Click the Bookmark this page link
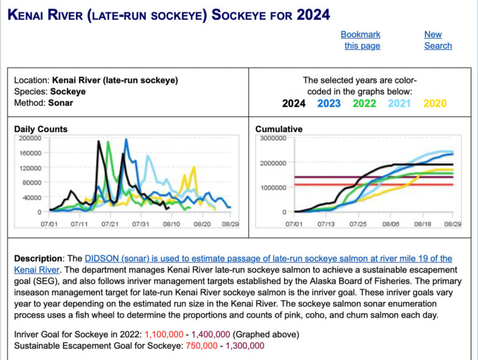click(361, 40)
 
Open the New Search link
click(438, 40)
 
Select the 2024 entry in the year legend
click(294, 103)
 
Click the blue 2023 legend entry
click(329, 103)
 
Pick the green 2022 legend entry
click(364, 103)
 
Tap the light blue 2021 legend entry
click(400, 103)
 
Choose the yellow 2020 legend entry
click(434, 103)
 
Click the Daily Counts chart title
click(41, 129)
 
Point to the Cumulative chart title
click(279, 129)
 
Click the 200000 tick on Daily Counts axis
click(30, 138)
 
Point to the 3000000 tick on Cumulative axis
click(273, 138)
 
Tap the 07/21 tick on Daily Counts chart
click(110, 224)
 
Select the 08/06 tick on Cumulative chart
click(390, 224)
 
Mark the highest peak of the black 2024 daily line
click(98, 141)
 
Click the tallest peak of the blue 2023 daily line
click(126, 140)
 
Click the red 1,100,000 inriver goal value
click(164, 334)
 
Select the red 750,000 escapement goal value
click(202, 346)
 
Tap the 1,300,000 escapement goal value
click(245, 346)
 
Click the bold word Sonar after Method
click(60, 103)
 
